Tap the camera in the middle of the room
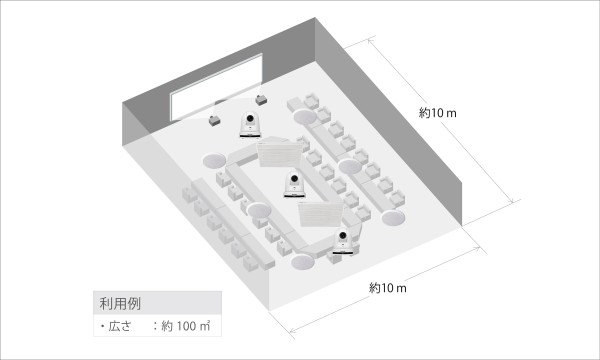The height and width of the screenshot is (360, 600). tap(294, 182)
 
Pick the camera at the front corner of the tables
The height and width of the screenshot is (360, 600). tap(344, 240)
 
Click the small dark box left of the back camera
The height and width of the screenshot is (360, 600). tap(215, 120)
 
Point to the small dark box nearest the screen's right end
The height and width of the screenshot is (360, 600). tap(263, 99)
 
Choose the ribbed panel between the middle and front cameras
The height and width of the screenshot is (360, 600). tap(320, 213)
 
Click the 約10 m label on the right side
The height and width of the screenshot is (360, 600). tap(438, 113)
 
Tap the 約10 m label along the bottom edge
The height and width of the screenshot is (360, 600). tap(388, 288)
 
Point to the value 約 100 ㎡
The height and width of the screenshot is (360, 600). tap(186, 326)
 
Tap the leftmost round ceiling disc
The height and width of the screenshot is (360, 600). tap(216, 161)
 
